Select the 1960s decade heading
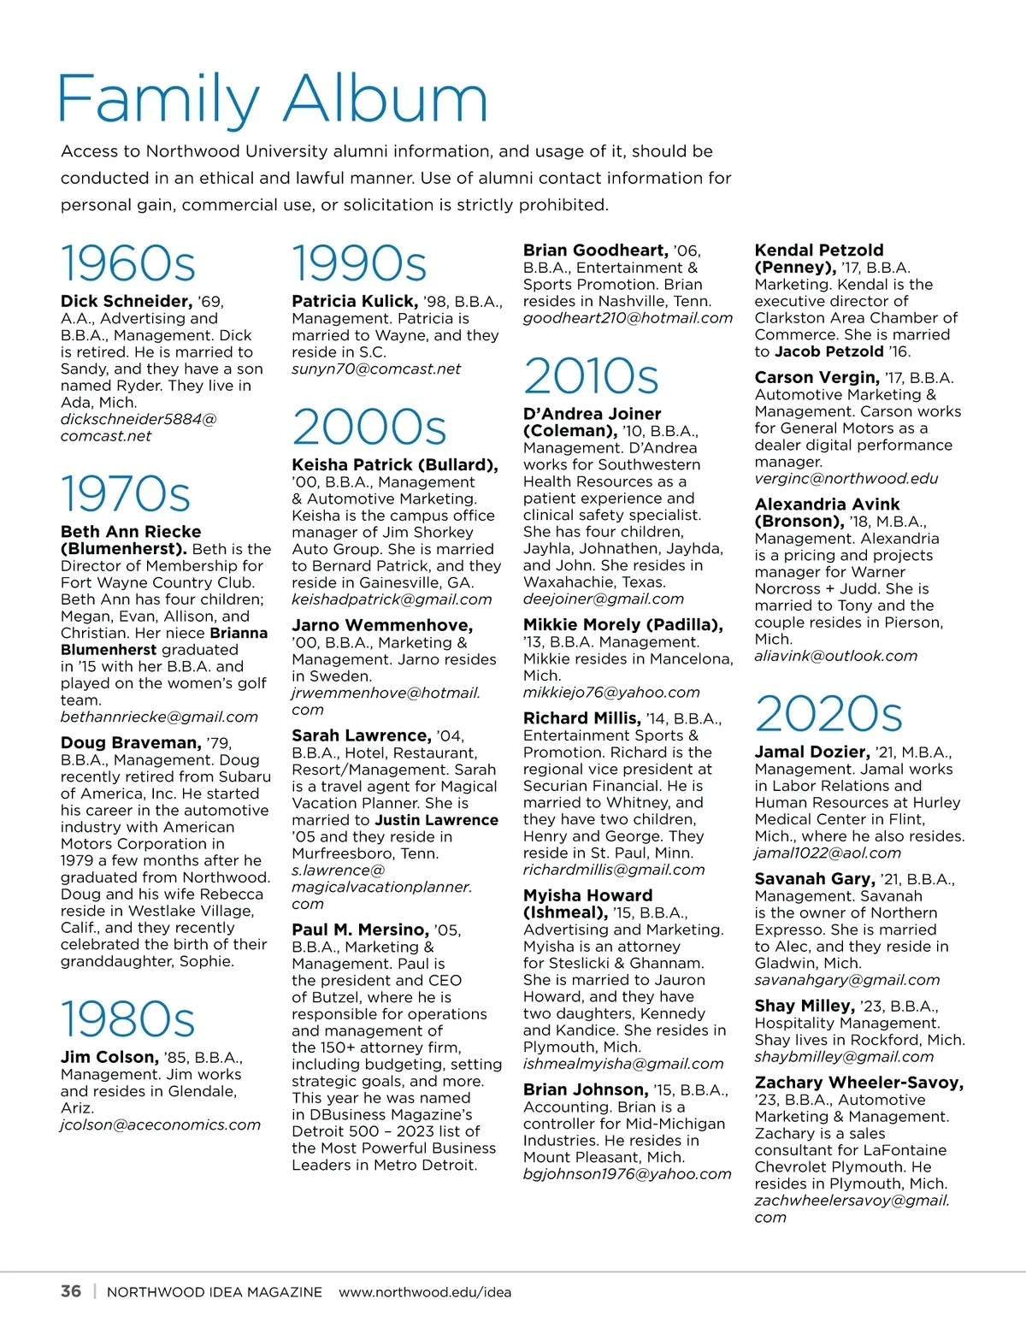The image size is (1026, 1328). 128,263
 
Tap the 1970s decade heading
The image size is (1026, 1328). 126,494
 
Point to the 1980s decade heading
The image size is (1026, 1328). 128,1019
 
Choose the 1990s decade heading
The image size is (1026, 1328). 359,263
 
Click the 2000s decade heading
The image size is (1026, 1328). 369,428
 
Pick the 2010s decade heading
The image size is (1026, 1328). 591,376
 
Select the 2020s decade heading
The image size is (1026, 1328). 828,714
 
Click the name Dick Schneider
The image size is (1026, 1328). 126,301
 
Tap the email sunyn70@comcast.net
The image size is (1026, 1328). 376,369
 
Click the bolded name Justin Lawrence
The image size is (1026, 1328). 436,819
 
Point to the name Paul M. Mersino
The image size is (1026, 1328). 360,930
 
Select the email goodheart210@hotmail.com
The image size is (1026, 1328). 628,318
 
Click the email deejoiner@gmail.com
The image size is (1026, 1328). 604,599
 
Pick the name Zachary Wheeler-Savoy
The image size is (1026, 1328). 858,1083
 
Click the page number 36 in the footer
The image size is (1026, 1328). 71,1291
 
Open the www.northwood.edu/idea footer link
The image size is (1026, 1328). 425,1292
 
